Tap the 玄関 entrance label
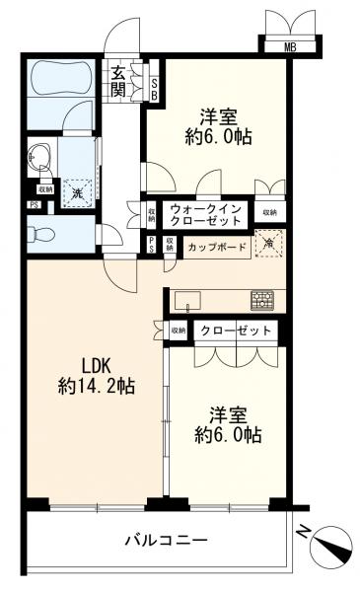click(x=118, y=82)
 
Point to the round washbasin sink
click(x=39, y=155)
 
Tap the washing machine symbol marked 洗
click(x=76, y=191)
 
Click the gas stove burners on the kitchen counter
click(x=263, y=297)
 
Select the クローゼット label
click(x=233, y=331)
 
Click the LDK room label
click(x=82, y=363)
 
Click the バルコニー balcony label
click(x=166, y=540)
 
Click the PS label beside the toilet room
click(x=34, y=206)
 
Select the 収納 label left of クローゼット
click(x=178, y=331)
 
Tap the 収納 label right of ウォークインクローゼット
click(x=268, y=212)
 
